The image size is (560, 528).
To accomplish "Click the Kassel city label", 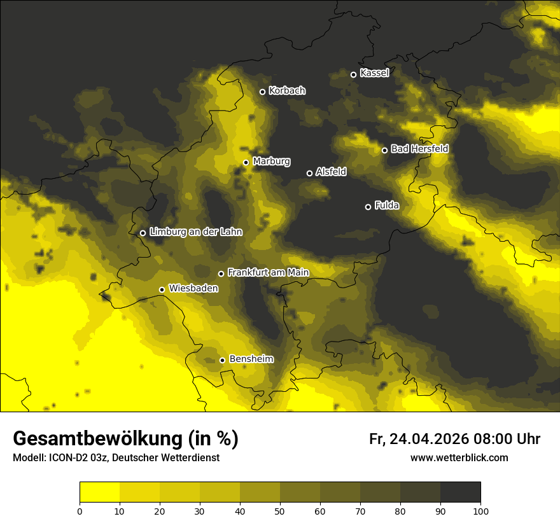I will pos(374,73).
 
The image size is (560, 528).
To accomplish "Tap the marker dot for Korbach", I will pos(262,92).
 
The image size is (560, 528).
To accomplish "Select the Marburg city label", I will pos(271,162).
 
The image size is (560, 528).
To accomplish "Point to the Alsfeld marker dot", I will pos(309,173).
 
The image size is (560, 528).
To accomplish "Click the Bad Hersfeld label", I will pos(419,149).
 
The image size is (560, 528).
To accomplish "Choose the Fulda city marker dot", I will pos(368,207).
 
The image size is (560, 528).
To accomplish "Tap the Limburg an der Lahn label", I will pos(195,232).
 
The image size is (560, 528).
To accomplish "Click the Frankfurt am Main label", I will pos(268,273).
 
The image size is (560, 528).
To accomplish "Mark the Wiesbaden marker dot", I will pos(162,289).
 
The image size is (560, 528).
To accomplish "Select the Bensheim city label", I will pos(251,359).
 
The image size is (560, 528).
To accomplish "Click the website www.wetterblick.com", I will pos(459,457).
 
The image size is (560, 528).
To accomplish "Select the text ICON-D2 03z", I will pos(76,457).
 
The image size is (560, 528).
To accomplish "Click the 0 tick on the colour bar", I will pos(80,510).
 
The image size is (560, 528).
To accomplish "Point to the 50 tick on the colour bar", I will pos(280,510).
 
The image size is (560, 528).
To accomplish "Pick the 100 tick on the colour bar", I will pos(480,510).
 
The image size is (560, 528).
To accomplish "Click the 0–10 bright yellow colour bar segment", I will pos(99,492).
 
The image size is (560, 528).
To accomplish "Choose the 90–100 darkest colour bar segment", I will pos(460,492).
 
